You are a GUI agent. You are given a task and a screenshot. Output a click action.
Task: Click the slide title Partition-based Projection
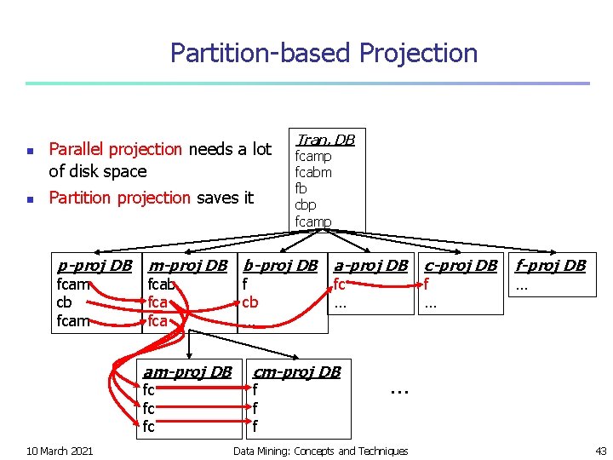tap(324, 53)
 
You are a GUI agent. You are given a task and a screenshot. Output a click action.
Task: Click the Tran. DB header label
tap(324, 139)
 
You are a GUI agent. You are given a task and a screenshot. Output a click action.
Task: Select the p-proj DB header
tap(94, 265)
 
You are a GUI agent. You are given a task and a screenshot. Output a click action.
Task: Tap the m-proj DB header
tap(187, 265)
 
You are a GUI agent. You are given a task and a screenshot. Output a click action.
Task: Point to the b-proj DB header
tap(280, 265)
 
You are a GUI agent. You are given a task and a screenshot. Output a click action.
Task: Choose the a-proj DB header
tap(370, 265)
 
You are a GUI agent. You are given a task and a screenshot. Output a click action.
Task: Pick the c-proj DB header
tap(461, 265)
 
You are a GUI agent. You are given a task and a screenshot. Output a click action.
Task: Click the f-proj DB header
tap(551, 265)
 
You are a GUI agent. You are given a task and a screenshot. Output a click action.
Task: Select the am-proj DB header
tap(187, 371)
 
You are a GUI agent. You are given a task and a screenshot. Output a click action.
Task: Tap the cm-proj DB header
tap(297, 371)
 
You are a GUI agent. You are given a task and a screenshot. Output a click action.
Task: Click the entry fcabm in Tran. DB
tap(313, 172)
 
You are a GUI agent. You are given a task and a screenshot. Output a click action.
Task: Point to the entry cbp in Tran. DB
tap(305, 205)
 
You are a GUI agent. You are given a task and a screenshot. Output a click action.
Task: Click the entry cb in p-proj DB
tap(64, 302)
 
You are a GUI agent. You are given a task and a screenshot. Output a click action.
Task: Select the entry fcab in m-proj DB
tap(161, 285)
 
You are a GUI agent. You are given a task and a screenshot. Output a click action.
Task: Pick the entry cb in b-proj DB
tap(250, 302)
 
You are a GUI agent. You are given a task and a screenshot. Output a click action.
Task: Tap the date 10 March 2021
tap(60, 451)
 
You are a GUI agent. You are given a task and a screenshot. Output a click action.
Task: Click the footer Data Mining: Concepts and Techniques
tap(321, 451)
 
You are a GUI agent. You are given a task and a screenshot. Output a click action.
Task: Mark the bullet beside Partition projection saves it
tap(29, 198)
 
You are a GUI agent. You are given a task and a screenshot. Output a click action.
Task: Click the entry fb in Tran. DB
tap(301, 188)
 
